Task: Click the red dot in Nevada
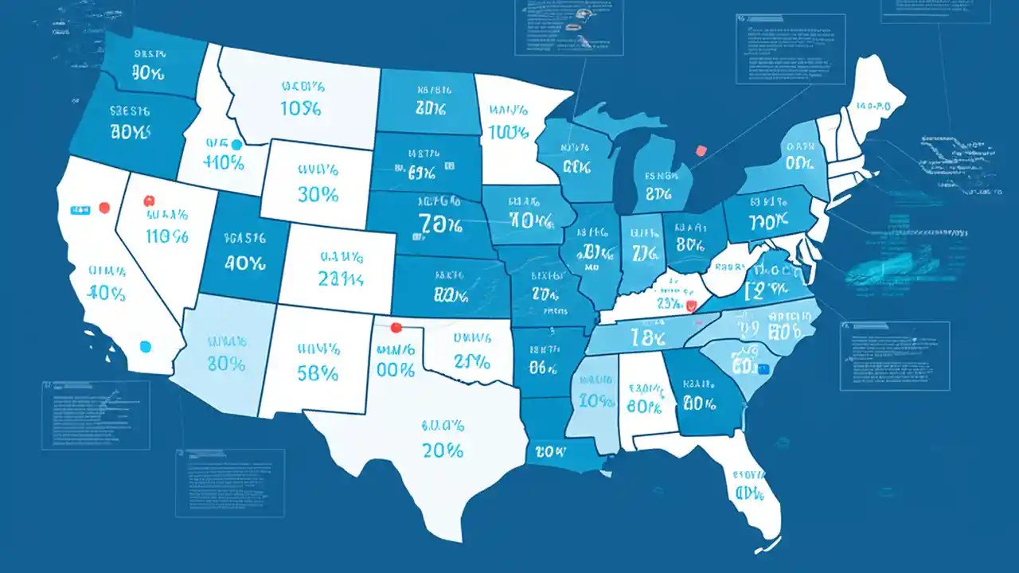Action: (x=147, y=201)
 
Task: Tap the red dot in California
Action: (x=103, y=209)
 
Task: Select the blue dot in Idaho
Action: (x=235, y=145)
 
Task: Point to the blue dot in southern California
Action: (x=145, y=346)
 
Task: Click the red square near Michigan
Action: (x=701, y=150)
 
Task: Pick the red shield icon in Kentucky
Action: (x=691, y=304)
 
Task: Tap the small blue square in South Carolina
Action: (x=764, y=368)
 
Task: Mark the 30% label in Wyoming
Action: (x=318, y=193)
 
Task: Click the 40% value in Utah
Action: (x=244, y=262)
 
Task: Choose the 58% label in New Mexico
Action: (x=318, y=372)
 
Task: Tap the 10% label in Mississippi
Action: (x=597, y=400)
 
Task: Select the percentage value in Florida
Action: (x=750, y=493)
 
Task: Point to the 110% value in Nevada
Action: (x=167, y=236)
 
